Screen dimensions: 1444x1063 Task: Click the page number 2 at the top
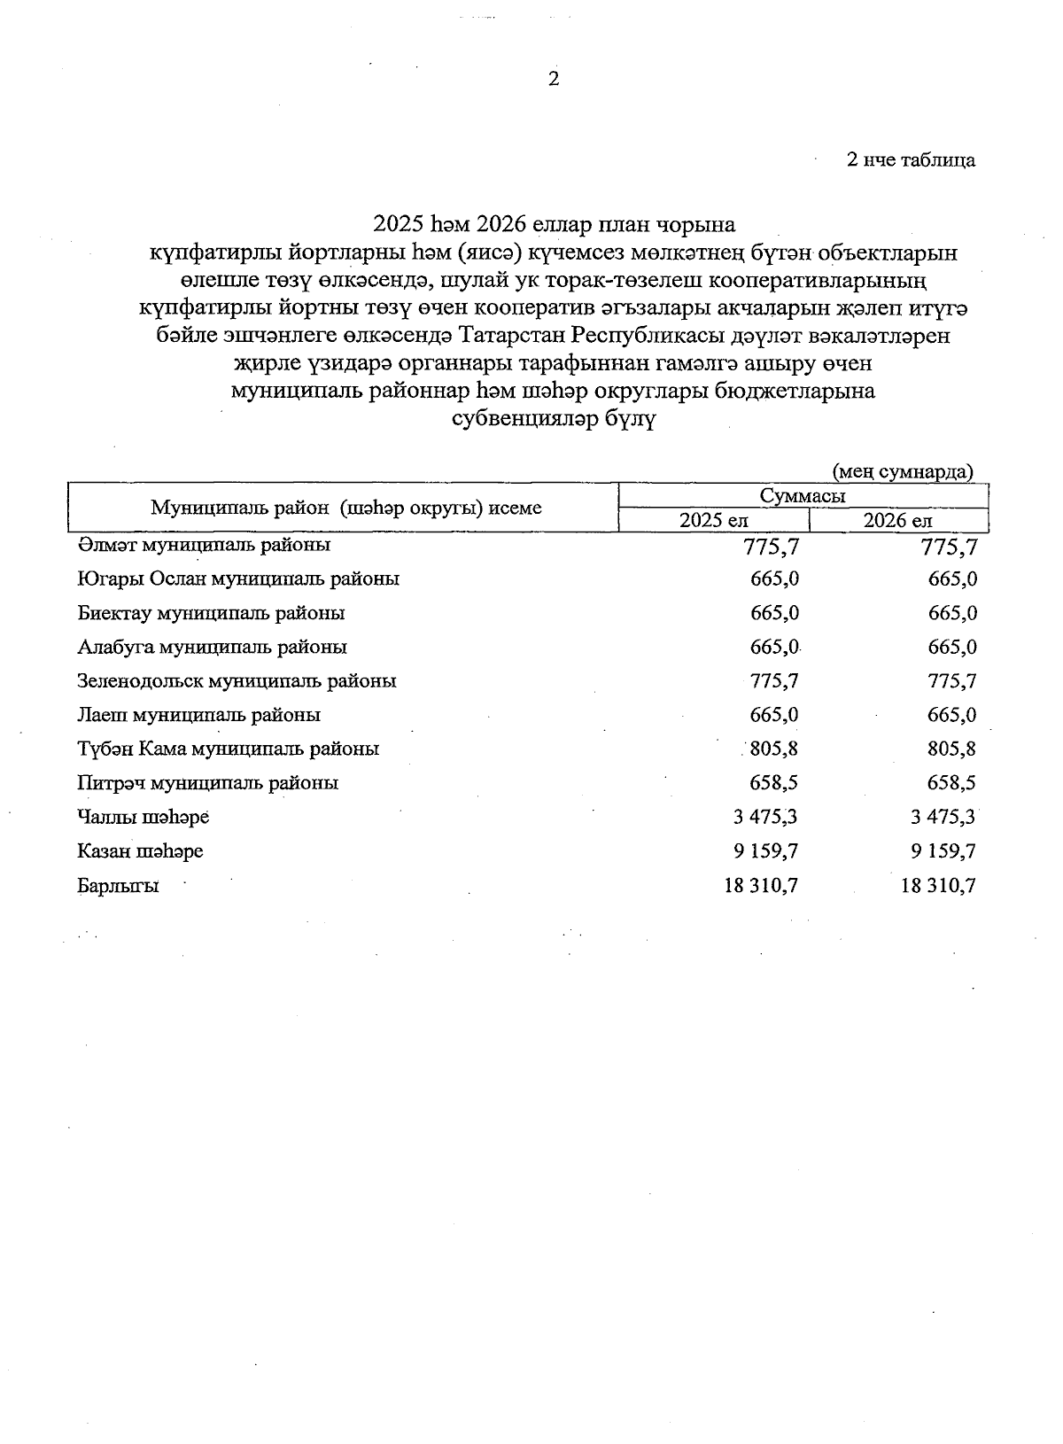coord(554,80)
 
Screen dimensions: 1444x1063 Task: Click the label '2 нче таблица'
coord(912,160)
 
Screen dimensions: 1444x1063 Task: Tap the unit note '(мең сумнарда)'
coord(902,471)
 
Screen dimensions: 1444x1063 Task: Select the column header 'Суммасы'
coord(802,496)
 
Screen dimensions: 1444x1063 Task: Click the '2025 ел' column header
coord(713,521)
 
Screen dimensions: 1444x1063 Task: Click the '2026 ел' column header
coord(897,521)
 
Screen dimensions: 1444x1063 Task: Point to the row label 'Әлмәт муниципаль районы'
coord(204,545)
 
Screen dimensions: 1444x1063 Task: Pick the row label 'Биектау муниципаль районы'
coord(211,613)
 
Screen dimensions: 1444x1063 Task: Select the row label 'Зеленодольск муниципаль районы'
coord(237,681)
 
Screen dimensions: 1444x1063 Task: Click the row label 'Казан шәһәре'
coord(140,851)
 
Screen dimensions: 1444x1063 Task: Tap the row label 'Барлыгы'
coord(118,885)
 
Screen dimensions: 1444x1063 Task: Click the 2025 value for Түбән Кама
coord(773,749)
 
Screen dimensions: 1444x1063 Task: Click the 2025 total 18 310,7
coord(761,885)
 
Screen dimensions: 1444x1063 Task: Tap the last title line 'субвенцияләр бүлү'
coord(554,419)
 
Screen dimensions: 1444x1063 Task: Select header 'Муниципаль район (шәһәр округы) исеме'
coord(345,509)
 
